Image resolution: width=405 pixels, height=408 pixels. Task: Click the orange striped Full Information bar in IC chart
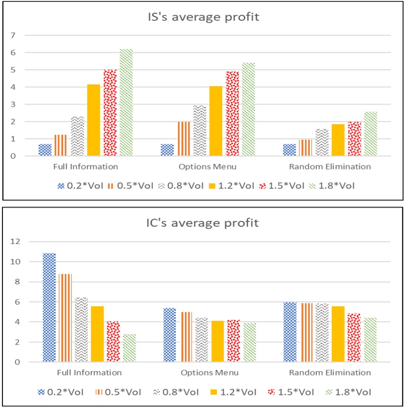pyautogui.click(x=66, y=318)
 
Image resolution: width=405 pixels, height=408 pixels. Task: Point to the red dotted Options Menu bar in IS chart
pyautogui.click(x=232, y=114)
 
